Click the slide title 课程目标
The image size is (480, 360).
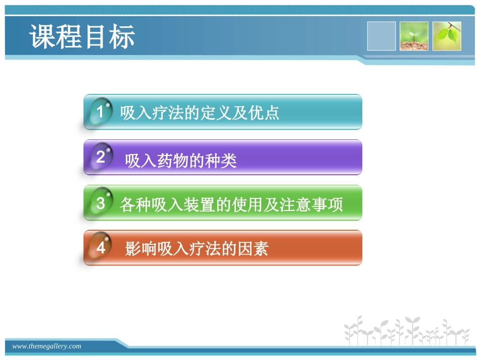[x=82, y=37]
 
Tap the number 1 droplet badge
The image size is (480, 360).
[x=100, y=112]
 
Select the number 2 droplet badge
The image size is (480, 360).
[x=100, y=157]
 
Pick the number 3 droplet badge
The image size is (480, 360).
[x=100, y=203]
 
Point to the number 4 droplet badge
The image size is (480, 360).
[x=100, y=248]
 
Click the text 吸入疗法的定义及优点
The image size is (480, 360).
[x=200, y=113]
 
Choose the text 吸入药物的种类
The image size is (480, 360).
[x=181, y=161]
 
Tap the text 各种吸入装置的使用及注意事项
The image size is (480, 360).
[x=231, y=204]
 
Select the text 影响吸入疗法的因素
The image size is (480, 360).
[x=197, y=249]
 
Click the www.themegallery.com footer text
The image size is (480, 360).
[x=46, y=346]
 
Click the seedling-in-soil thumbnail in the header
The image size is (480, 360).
[x=414, y=36]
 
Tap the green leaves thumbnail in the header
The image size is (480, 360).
[x=447, y=36]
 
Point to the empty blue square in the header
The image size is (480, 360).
[x=381, y=36]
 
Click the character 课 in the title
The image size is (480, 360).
[x=42, y=37]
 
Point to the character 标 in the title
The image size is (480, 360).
[x=122, y=37]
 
